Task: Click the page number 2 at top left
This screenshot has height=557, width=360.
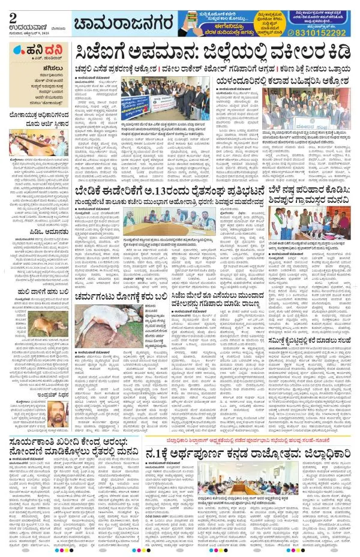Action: (x=13, y=13)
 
